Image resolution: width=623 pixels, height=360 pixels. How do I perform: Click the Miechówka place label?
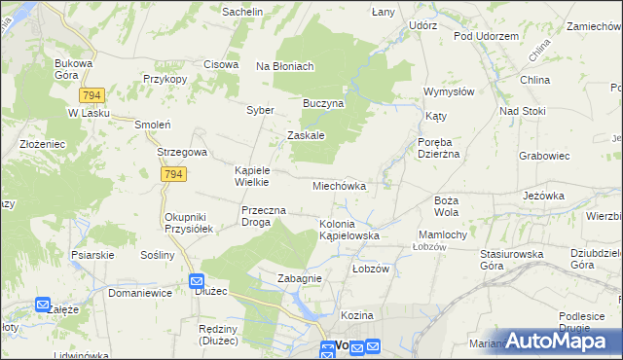click(339, 185)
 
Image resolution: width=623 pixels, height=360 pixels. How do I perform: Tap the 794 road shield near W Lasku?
click(92, 95)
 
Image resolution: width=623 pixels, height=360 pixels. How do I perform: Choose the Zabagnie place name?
click(299, 278)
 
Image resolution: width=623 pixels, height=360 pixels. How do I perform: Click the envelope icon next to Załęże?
click(43, 305)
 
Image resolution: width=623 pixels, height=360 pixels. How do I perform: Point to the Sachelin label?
click(243, 12)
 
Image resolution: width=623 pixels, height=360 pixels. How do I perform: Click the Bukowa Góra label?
click(73, 69)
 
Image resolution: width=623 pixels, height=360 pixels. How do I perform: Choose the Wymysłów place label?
click(448, 91)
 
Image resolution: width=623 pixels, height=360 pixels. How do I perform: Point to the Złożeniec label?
click(42, 144)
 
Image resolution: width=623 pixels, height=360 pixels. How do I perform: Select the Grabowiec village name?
click(544, 155)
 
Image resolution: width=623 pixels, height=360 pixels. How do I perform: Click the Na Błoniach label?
click(284, 66)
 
